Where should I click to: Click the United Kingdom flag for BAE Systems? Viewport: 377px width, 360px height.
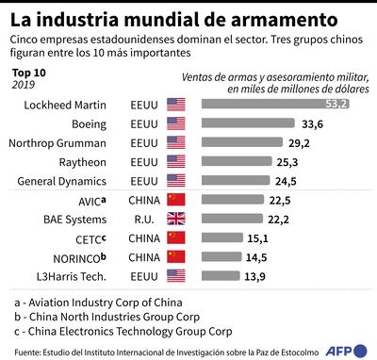click(x=175, y=219)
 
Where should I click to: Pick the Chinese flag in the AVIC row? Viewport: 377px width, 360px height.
click(x=175, y=200)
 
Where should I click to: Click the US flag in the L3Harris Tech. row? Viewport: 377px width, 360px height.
click(x=175, y=276)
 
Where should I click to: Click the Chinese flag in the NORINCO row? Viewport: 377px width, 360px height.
click(x=175, y=256)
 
